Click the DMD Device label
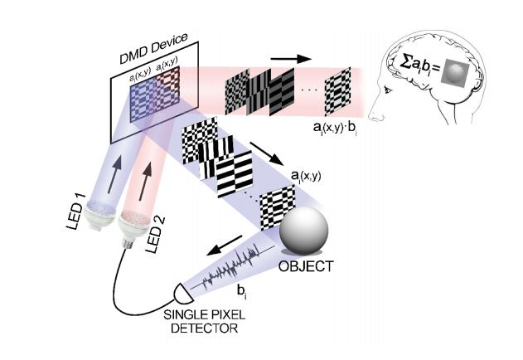pos(153,48)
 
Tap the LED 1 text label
pos(75,212)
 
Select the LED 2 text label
pos(155,235)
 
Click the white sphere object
pos(303,231)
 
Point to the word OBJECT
pos(306,266)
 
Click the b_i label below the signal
pos(241,291)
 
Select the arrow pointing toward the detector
pos(225,246)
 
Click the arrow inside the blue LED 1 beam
pos(114,176)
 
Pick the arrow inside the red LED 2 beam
pos(145,182)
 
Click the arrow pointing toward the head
pos(291,59)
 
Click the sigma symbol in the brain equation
pos(405,62)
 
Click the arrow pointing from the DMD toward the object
pos(267,153)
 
